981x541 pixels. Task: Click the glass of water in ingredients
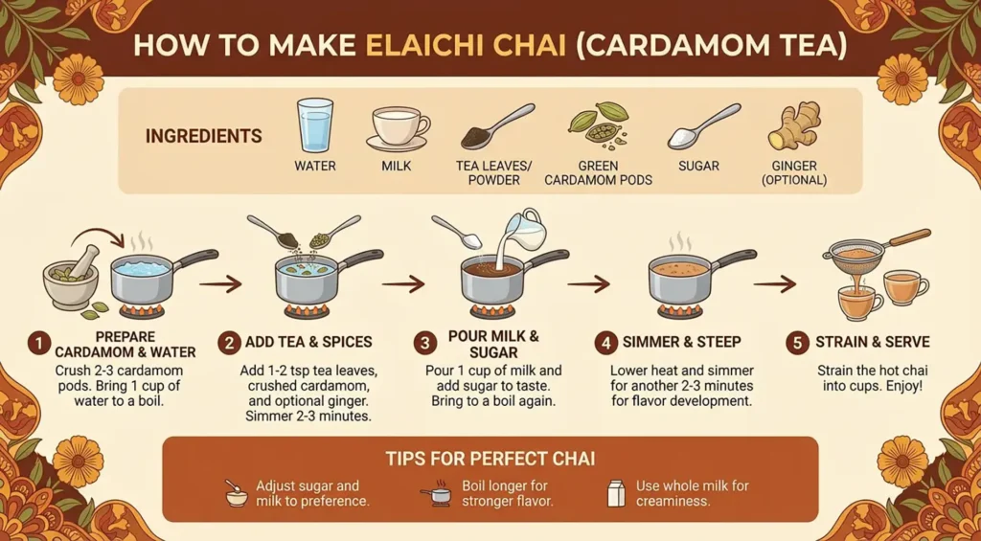[315, 125]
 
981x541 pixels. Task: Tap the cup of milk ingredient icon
[398, 127]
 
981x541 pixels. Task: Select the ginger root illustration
[794, 125]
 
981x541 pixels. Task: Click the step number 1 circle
[38, 342]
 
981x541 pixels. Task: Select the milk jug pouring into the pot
[524, 229]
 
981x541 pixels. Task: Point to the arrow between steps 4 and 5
[774, 283]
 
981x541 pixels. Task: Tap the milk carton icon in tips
[615, 493]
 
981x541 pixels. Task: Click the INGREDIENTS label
[203, 137]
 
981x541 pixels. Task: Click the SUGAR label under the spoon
[698, 166]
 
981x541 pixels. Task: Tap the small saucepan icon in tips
[436, 494]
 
